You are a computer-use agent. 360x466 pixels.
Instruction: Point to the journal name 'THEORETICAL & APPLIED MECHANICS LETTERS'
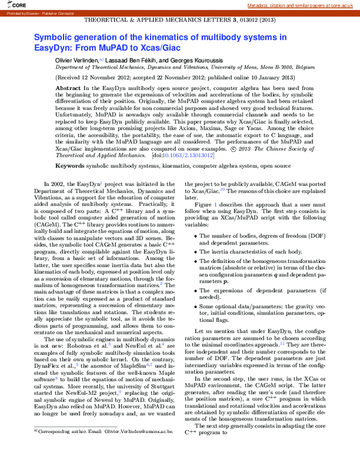coord(150,20)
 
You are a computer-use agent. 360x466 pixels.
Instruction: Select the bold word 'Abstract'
coord(68,88)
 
